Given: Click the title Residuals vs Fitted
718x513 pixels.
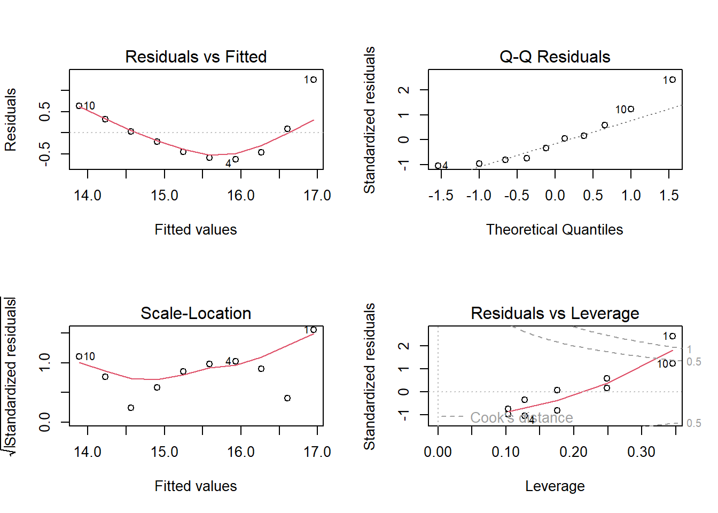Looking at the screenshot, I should pos(196,57).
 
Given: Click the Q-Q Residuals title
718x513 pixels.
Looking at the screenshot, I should pos(555,57).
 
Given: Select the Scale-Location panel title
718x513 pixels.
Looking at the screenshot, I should pos(196,313).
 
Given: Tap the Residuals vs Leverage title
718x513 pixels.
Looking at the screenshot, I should pos(555,313).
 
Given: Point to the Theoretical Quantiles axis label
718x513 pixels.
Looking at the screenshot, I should pos(555,230).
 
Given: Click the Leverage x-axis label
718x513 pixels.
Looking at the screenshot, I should pos(555,486).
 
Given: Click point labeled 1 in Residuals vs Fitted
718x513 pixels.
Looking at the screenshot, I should pos(314,80).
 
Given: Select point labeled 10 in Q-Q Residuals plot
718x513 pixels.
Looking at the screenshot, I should pos(631,109).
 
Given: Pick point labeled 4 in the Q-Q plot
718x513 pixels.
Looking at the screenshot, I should pos(438,166).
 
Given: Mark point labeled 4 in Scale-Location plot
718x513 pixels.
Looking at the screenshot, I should pos(236,361).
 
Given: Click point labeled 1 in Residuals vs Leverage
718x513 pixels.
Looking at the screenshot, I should pos(673,336).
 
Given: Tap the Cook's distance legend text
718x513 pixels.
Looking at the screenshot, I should pos(521,418).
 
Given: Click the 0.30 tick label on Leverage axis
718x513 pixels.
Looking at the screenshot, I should pos(641,452).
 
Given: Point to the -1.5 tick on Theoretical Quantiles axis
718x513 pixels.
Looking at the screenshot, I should pos(441,196).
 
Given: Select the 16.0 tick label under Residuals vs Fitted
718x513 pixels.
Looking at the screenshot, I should pos(241,196).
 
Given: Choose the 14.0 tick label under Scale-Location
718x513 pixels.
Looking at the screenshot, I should pos(88,452).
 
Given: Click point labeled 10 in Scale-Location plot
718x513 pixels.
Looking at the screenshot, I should pos(79,356).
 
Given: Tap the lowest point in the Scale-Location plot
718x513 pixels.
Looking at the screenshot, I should pos(131,408).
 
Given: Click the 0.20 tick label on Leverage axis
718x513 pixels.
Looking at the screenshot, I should pos(573,452).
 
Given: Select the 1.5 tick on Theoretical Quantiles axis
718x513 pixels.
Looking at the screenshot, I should pos(669,196).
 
